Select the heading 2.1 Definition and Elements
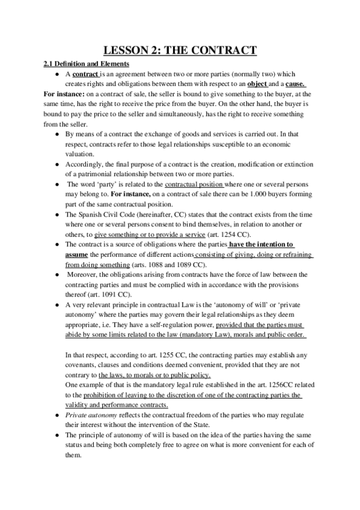pos(84,64)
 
